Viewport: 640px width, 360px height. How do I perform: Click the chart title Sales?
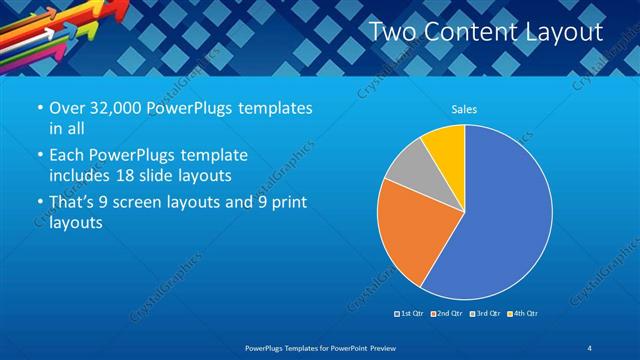[x=464, y=108]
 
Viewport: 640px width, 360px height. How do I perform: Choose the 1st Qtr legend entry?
[x=410, y=314]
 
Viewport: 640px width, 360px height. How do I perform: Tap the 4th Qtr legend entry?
[x=523, y=314]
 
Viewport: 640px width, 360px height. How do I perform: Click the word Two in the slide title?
[x=391, y=32]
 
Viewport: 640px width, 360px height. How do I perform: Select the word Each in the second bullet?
[x=67, y=156]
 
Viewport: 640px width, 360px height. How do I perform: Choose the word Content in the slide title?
[x=469, y=32]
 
